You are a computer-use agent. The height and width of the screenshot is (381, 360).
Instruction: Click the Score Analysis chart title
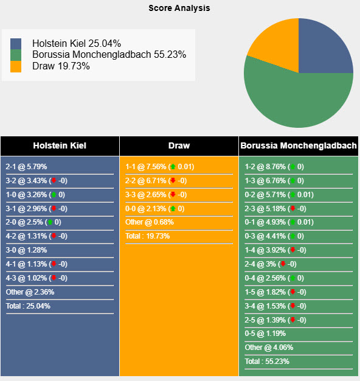pos(179,8)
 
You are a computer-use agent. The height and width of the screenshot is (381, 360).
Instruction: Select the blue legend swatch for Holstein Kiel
pos(16,44)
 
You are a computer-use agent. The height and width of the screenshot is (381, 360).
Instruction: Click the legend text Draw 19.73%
pos(61,66)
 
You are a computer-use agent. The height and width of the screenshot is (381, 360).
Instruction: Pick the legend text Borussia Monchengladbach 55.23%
pos(109,55)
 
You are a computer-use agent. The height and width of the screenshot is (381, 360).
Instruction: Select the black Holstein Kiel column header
pos(60,145)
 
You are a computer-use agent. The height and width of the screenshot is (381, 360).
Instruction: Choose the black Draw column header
pos(179,145)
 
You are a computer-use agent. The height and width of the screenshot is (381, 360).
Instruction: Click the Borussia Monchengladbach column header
pos(299,145)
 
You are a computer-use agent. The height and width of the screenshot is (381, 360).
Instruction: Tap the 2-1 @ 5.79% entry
pos(26,167)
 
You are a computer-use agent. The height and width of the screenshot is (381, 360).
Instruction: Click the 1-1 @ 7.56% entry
pos(146,167)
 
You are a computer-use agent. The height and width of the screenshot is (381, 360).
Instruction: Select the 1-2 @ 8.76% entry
pos(265,167)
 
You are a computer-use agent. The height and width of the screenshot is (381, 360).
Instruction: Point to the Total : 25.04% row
pos(29,306)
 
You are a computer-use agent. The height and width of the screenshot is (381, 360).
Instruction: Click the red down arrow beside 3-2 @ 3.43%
pos(54,181)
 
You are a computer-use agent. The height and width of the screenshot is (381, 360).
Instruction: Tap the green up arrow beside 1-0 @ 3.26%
pos(54,195)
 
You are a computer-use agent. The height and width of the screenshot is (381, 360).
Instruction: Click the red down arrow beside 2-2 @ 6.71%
pos(173,181)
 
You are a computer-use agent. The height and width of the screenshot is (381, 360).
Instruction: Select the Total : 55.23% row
pos(268,362)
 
